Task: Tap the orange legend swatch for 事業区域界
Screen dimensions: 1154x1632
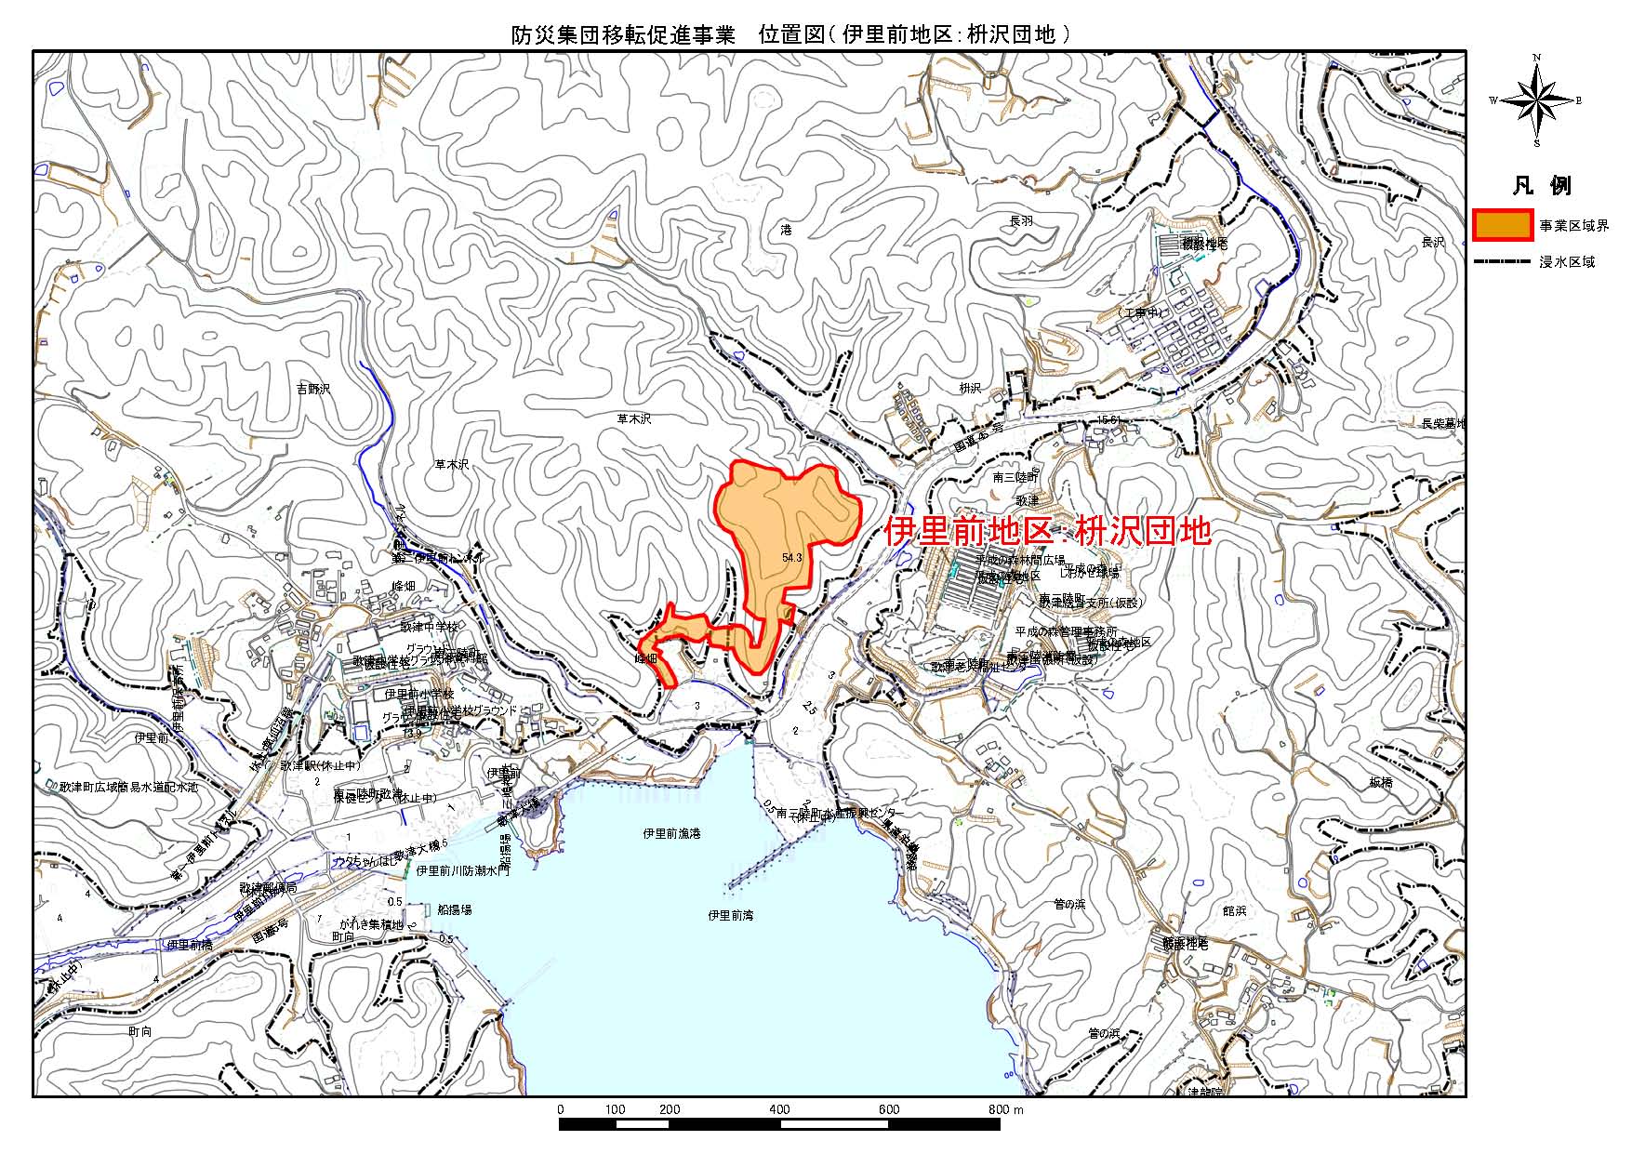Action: point(1503,226)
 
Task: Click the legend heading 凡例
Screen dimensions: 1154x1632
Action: point(1541,185)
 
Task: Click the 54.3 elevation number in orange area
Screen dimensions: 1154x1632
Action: point(792,558)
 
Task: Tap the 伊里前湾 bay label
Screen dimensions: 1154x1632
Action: point(730,915)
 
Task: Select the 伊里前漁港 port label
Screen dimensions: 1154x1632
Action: point(671,833)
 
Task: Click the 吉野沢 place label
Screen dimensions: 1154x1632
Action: point(313,389)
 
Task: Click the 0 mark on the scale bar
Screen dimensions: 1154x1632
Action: point(560,1109)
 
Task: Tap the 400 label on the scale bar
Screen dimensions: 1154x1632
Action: point(779,1109)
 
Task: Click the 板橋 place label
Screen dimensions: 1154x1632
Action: point(1381,783)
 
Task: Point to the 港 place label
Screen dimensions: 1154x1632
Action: point(786,229)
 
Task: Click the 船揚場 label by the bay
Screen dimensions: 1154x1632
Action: point(454,909)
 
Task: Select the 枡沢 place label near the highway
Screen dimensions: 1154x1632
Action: point(970,388)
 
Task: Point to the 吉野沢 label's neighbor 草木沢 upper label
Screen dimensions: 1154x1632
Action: point(634,418)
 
